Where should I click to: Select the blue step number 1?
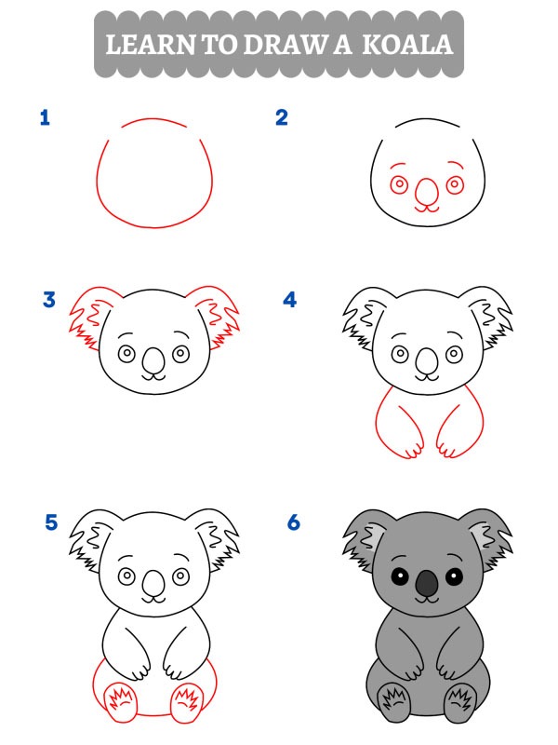(x=44, y=117)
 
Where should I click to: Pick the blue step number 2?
(x=282, y=117)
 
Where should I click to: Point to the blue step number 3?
(x=49, y=300)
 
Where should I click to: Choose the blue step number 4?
(x=290, y=300)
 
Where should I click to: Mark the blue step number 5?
(x=51, y=522)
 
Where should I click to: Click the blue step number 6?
(x=294, y=522)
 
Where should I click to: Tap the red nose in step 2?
(x=426, y=192)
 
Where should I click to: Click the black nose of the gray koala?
(x=426, y=584)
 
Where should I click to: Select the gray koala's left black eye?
(x=399, y=576)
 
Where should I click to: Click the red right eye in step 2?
(x=455, y=184)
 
